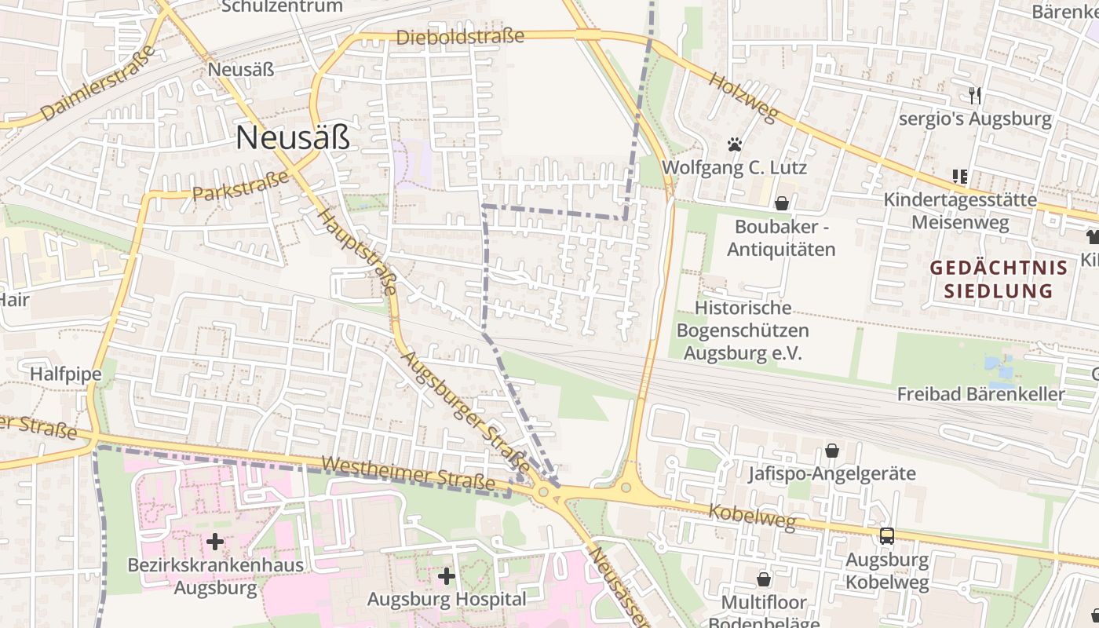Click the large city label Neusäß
(292, 138)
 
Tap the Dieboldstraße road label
(460, 37)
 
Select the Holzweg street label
(743, 97)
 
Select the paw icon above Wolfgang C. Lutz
(735, 144)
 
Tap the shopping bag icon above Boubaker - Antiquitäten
(781, 203)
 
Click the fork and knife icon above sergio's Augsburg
(975, 96)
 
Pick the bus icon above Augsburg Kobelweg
(887, 536)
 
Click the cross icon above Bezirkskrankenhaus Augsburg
(214, 541)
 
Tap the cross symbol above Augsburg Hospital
(447, 576)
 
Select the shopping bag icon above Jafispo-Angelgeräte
(831, 451)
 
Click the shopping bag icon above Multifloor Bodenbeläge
(763, 579)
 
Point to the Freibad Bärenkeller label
(981, 394)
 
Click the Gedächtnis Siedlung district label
(999, 279)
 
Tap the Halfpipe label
(66, 374)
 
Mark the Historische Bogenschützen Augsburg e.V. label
(743, 330)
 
